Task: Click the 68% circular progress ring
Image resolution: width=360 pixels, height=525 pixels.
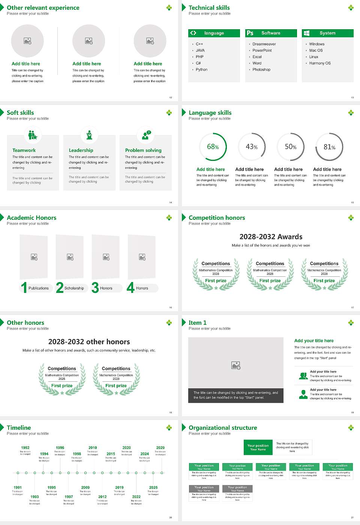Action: (213, 147)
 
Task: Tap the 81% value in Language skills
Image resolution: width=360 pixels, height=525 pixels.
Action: (329, 147)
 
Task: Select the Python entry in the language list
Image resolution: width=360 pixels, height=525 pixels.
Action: (201, 70)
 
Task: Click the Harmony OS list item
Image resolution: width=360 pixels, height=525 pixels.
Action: (320, 63)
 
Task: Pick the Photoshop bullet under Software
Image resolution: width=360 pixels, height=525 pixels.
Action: (261, 70)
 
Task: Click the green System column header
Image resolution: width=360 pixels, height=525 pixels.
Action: (327, 33)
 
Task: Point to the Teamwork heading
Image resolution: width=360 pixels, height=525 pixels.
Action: (24, 150)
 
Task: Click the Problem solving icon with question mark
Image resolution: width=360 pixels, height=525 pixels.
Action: (146, 135)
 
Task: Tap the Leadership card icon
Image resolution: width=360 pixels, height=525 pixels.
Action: (89, 135)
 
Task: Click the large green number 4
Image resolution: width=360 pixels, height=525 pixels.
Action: (130, 288)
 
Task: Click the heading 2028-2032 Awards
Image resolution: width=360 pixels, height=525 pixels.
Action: (271, 237)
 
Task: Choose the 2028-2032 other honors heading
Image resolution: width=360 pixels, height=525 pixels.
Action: (89, 342)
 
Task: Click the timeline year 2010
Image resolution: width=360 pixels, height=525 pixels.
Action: (93, 448)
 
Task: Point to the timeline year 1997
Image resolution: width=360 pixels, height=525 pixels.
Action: (69, 497)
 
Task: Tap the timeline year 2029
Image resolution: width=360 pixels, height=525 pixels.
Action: (160, 448)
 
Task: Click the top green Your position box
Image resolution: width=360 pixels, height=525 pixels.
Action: (258, 447)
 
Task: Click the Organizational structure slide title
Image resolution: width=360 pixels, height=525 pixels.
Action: (223, 428)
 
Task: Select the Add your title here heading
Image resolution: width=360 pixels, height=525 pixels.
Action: (314, 341)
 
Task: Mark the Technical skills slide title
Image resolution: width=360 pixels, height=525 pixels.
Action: (209, 8)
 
